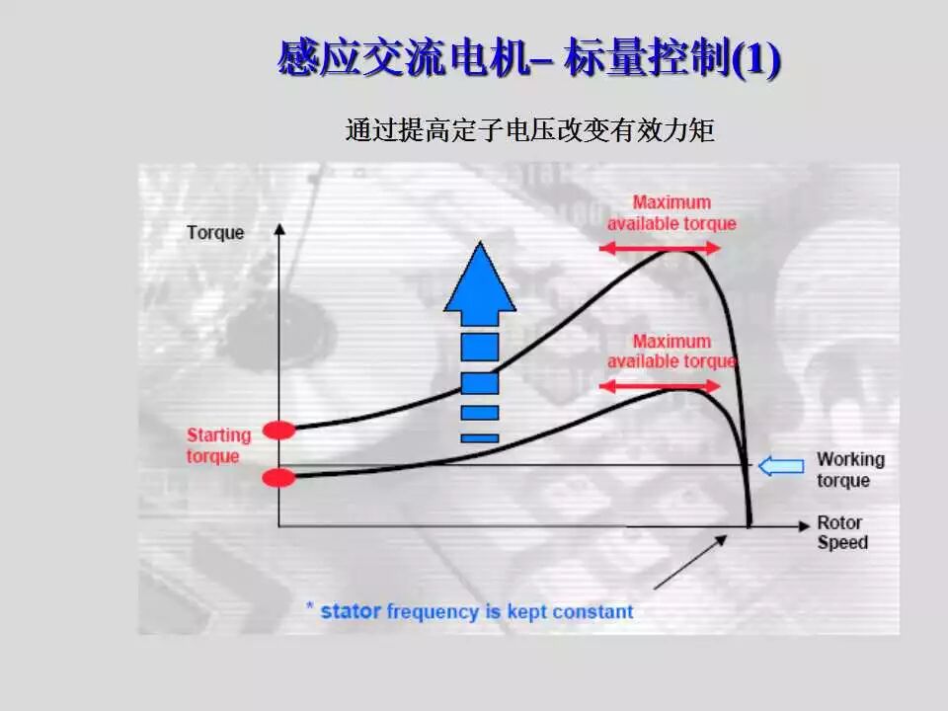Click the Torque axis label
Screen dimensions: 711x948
tap(215, 233)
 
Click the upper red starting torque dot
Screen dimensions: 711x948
tap(279, 430)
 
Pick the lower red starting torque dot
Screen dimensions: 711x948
tap(279, 478)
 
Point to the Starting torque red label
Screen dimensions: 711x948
tap(218, 445)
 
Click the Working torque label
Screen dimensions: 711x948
tap(850, 470)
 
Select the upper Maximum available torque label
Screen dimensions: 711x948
tap(671, 213)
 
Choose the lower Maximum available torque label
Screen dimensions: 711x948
tap(671, 352)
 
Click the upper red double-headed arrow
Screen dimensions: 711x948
tap(661, 249)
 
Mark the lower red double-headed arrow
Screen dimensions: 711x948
tap(661, 385)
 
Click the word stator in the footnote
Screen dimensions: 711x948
tap(351, 611)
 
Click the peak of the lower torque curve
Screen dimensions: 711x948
tap(681, 389)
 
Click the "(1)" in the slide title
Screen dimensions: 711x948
tap(756, 58)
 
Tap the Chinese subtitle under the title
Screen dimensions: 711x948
tap(529, 130)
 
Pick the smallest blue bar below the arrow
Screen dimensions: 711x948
tap(479, 437)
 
